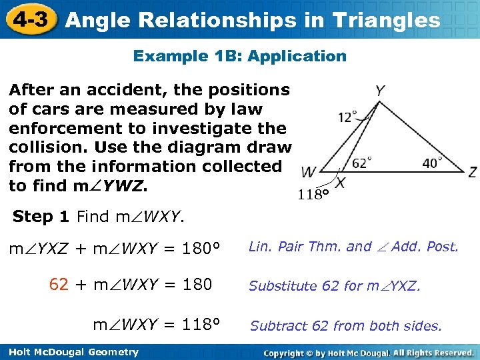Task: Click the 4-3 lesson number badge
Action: click(x=28, y=19)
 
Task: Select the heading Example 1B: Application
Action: click(x=240, y=56)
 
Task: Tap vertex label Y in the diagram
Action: click(x=379, y=91)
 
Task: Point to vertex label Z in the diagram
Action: click(x=472, y=172)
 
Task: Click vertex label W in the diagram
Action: click(x=308, y=173)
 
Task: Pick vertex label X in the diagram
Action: click(x=340, y=182)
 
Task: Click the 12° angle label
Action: click(x=347, y=117)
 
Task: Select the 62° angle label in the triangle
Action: click(x=362, y=163)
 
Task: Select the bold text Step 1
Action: click(x=41, y=216)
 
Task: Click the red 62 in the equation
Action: click(x=59, y=285)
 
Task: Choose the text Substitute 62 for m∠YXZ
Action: click(x=335, y=286)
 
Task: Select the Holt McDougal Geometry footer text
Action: click(x=69, y=352)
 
